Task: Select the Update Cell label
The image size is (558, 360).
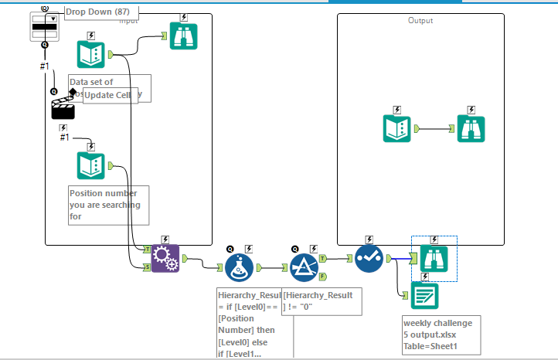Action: tap(110, 94)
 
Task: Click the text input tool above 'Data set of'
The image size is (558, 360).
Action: tap(91, 55)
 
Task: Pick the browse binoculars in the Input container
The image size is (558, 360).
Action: tap(184, 36)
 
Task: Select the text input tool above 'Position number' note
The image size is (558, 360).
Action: tap(91, 165)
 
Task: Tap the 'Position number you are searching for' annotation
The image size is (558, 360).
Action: tap(107, 205)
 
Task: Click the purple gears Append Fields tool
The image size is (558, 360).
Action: tap(165, 258)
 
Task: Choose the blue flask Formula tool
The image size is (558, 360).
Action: tap(240, 268)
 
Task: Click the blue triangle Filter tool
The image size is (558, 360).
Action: tap(304, 268)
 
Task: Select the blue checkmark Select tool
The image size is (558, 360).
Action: tap(369, 259)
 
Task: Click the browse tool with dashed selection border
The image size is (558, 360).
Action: tap(434, 258)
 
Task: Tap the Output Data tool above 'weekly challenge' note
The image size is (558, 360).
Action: tap(424, 295)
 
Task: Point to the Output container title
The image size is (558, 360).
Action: tap(420, 21)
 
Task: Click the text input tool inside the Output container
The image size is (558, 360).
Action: tap(398, 128)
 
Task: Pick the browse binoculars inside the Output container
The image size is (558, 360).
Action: tap(471, 128)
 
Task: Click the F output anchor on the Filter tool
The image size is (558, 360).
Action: tap(322, 274)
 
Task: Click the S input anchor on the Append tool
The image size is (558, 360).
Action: tap(148, 267)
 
